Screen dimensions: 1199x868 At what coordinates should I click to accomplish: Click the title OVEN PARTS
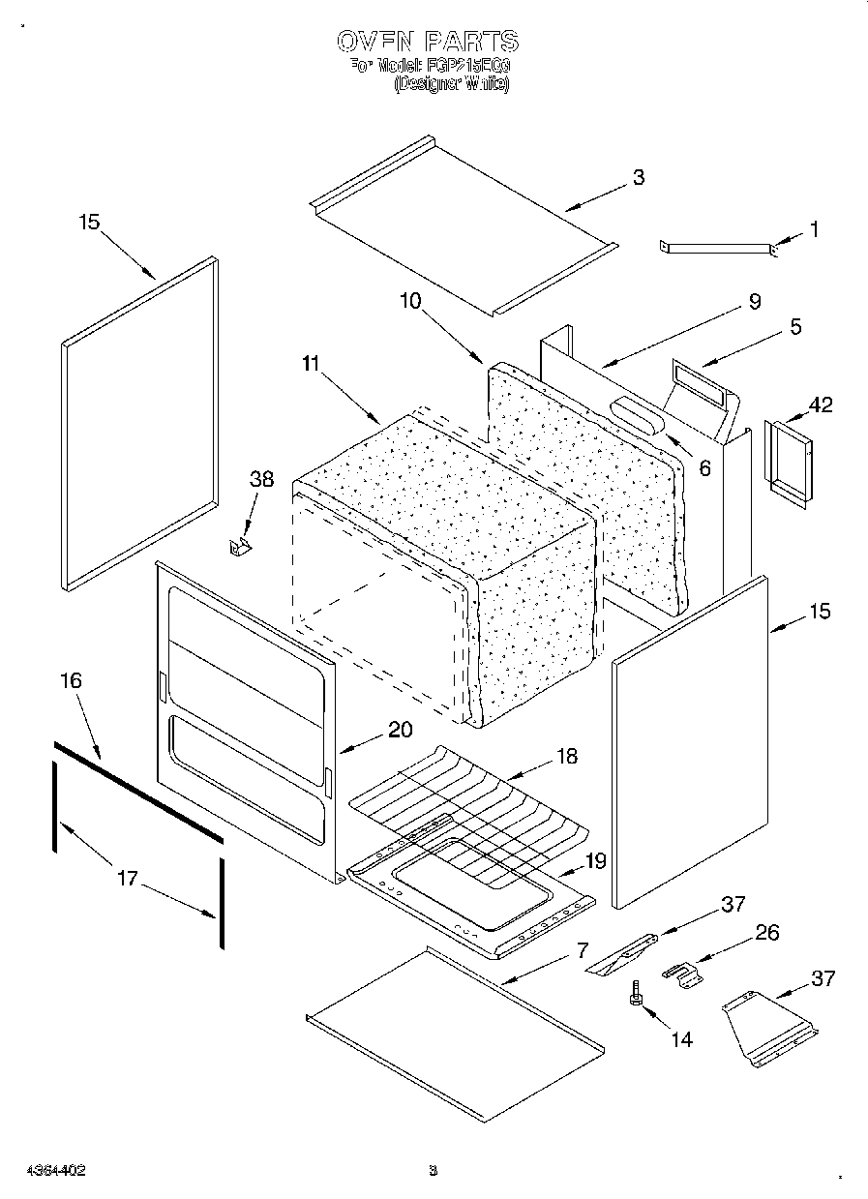pos(428,41)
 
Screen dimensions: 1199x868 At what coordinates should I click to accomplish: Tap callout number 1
pos(814,229)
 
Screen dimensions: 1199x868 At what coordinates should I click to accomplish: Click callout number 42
pos(820,405)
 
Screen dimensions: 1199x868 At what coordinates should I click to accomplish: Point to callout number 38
pos(261,479)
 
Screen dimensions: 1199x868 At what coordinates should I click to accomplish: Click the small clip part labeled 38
pos(240,548)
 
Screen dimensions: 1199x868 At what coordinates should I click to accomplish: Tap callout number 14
pos(681,1039)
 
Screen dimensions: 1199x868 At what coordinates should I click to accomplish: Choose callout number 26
pos(766,933)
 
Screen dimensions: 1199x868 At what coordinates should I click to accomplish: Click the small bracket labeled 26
pos(683,974)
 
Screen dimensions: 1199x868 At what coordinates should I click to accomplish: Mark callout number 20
pos(400,731)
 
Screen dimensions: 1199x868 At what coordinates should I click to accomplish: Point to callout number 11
pos(310,365)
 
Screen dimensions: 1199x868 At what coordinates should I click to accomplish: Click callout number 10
pos(410,300)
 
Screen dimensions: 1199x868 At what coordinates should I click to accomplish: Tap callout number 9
pos(755,301)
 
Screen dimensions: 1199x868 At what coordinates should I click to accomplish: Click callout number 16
pos(71,680)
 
